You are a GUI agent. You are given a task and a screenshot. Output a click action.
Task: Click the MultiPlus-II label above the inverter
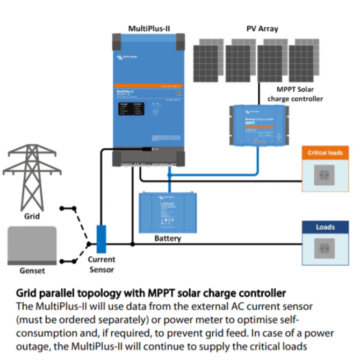coord(149,28)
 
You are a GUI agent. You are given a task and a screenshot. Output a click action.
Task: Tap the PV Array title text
coord(262,28)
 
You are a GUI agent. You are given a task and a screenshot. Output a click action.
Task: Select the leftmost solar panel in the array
coord(209,59)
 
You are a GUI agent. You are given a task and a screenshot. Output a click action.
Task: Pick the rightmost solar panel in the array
coord(305,59)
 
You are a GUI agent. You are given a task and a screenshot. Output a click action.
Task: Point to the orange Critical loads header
coord(325,153)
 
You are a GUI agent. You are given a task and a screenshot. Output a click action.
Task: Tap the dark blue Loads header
coord(325,227)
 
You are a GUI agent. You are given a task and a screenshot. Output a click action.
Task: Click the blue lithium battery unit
coord(168,212)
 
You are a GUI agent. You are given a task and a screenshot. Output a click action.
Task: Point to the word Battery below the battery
coord(168,238)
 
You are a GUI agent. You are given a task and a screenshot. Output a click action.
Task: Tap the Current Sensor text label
coord(102,264)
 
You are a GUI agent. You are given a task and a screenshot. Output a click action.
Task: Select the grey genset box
coord(32,244)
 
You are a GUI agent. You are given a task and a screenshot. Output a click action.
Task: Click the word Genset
coord(32,271)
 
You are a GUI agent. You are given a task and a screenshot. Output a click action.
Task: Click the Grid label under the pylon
coord(32,216)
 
